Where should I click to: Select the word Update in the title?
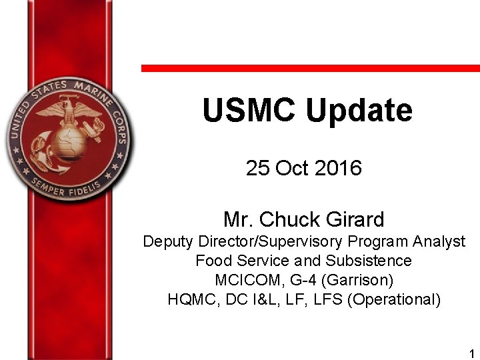point(359,111)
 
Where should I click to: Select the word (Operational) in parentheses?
point(394,299)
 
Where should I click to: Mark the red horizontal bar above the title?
point(310,68)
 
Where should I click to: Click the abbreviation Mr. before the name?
point(239,219)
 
